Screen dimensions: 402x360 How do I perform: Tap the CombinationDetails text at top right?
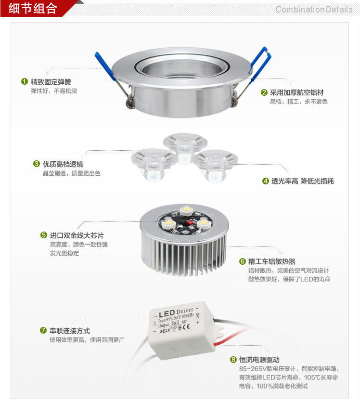click(313, 9)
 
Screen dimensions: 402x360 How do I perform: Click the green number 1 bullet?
click(24, 81)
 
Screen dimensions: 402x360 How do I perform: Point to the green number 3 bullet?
click(36, 164)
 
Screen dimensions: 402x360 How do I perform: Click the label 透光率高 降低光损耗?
click(302, 181)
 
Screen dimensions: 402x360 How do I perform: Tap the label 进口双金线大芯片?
click(77, 235)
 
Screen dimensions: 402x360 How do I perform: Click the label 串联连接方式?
click(70, 331)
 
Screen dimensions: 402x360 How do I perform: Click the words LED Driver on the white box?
click(176, 311)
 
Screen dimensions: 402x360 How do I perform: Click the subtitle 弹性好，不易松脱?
click(53, 91)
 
